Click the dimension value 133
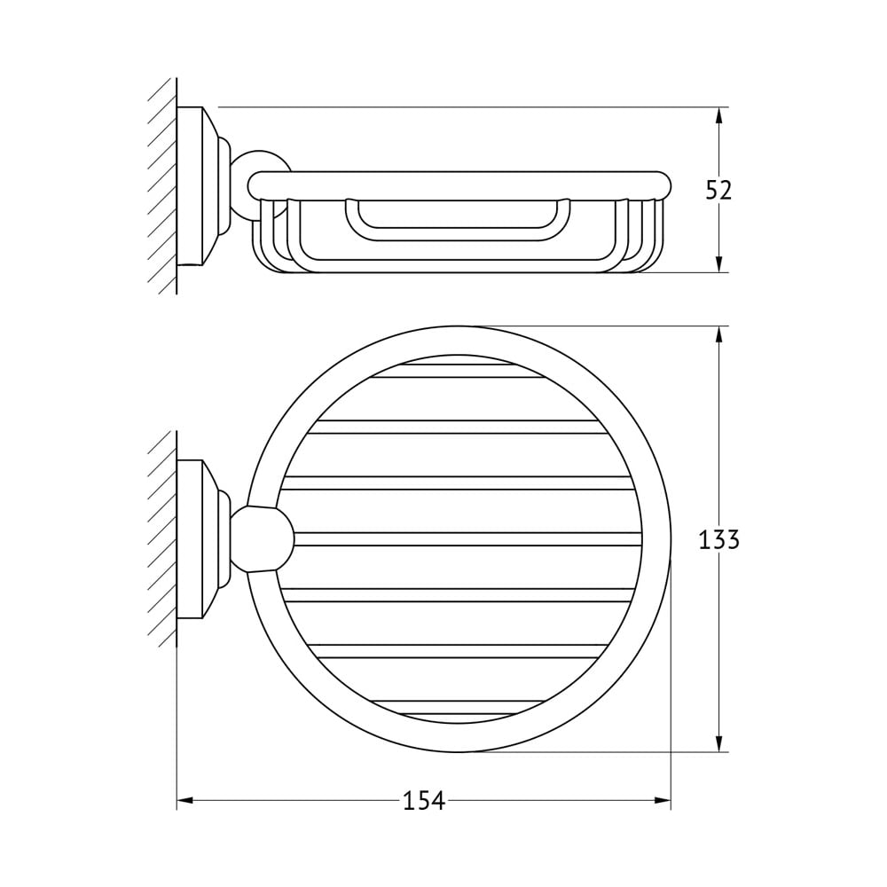(x=719, y=539)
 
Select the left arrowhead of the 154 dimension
(x=185, y=800)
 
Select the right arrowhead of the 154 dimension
(x=662, y=800)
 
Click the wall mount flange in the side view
(x=202, y=186)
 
